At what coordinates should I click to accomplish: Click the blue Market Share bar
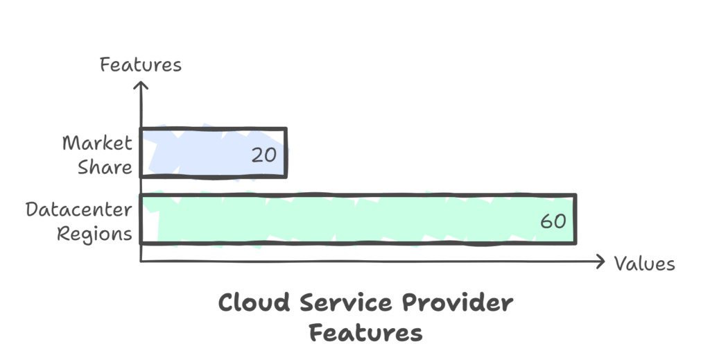coord(208,153)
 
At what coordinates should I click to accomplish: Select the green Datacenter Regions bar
coord(347,219)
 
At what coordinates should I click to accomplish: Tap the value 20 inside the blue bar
coord(263,155)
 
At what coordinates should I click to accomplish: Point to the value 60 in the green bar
coord(553,222)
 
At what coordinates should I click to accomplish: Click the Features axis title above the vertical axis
coord(141,65)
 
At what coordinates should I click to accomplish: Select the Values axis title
coord(644,264)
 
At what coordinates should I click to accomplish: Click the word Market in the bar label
coord(97,143)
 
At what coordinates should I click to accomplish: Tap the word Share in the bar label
coord(105,166)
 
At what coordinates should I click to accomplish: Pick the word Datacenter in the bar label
coord(79,209)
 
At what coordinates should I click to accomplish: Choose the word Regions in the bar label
coord(94,233)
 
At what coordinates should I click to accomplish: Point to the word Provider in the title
coord(456,304)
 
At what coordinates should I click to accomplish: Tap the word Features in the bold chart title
coord(365,333)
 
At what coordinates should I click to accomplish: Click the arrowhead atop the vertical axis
coord(141,85)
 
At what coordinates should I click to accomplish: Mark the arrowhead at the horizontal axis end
coord(601,261)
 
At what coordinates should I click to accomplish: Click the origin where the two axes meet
coord(141,261)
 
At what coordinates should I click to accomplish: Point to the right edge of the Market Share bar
coord(285,153)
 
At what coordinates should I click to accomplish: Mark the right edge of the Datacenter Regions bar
coord(575,219)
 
